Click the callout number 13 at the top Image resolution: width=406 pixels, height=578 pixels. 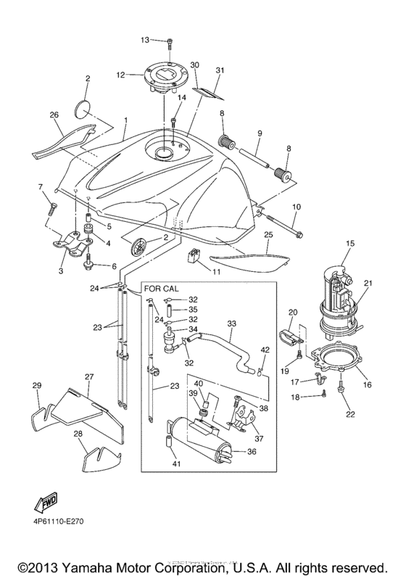144,39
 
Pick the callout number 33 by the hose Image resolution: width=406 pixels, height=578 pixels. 231,323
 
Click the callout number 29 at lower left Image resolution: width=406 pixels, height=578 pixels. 36,385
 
